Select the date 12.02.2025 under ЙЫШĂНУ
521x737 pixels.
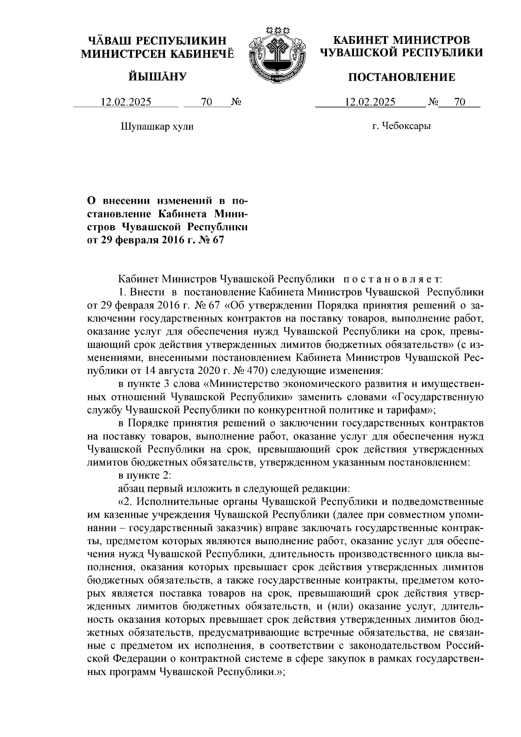point(126,102)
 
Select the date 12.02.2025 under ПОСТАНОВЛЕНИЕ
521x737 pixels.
point(370,102)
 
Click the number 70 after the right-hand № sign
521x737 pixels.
point(459,102)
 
